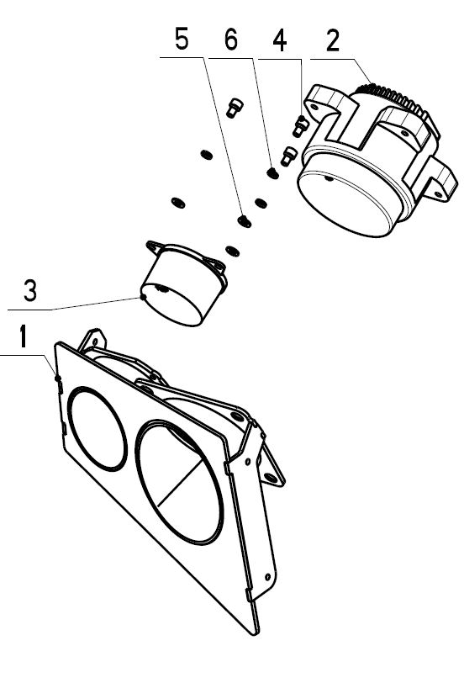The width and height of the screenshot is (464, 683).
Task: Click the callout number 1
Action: click(x=24, y=336)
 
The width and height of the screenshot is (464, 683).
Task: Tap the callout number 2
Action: click(x=333, y=40)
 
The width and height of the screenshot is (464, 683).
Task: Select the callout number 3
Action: click(x=30, y=290)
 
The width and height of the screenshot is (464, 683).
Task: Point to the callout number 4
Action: click(x=280, y=41)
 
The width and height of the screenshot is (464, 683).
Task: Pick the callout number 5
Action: click(x=182, y=39)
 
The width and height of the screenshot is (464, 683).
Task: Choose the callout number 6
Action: click(x=231, y=40)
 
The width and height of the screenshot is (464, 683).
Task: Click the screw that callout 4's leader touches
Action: click(x=300, y=126)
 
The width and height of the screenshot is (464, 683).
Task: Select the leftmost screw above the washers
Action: click(x=235, y=108)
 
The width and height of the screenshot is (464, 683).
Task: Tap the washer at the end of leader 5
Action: click(x=244, y=221)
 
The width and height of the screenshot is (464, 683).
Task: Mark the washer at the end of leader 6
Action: click(x=273, y=173)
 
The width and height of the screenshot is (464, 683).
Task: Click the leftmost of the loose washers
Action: click(x=177, y=202)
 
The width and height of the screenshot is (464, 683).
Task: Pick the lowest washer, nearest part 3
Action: click(x=232, y=251)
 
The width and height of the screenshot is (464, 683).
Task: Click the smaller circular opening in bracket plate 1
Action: click(x=97, y=428)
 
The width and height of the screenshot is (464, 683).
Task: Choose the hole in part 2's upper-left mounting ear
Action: click(x=314, y=106)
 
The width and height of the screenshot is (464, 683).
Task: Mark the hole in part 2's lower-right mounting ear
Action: click(x=438, y=193)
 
